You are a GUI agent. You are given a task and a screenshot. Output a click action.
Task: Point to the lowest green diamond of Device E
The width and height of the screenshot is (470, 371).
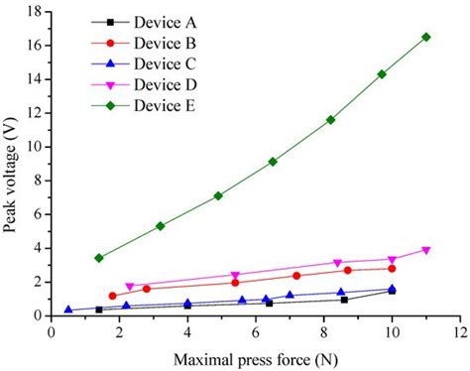coord(99,258)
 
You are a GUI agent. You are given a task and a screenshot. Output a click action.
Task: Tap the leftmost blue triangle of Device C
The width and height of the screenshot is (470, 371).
coord(68,309)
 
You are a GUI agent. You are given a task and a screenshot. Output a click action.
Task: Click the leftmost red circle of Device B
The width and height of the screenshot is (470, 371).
coord(112,296)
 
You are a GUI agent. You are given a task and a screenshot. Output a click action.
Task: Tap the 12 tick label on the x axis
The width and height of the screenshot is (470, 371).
coord(459,331)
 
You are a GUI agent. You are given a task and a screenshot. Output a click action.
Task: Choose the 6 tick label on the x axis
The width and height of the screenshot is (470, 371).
coord(255,331)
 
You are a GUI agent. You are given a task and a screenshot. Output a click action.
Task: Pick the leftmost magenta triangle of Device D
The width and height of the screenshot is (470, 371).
coord(130,287)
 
